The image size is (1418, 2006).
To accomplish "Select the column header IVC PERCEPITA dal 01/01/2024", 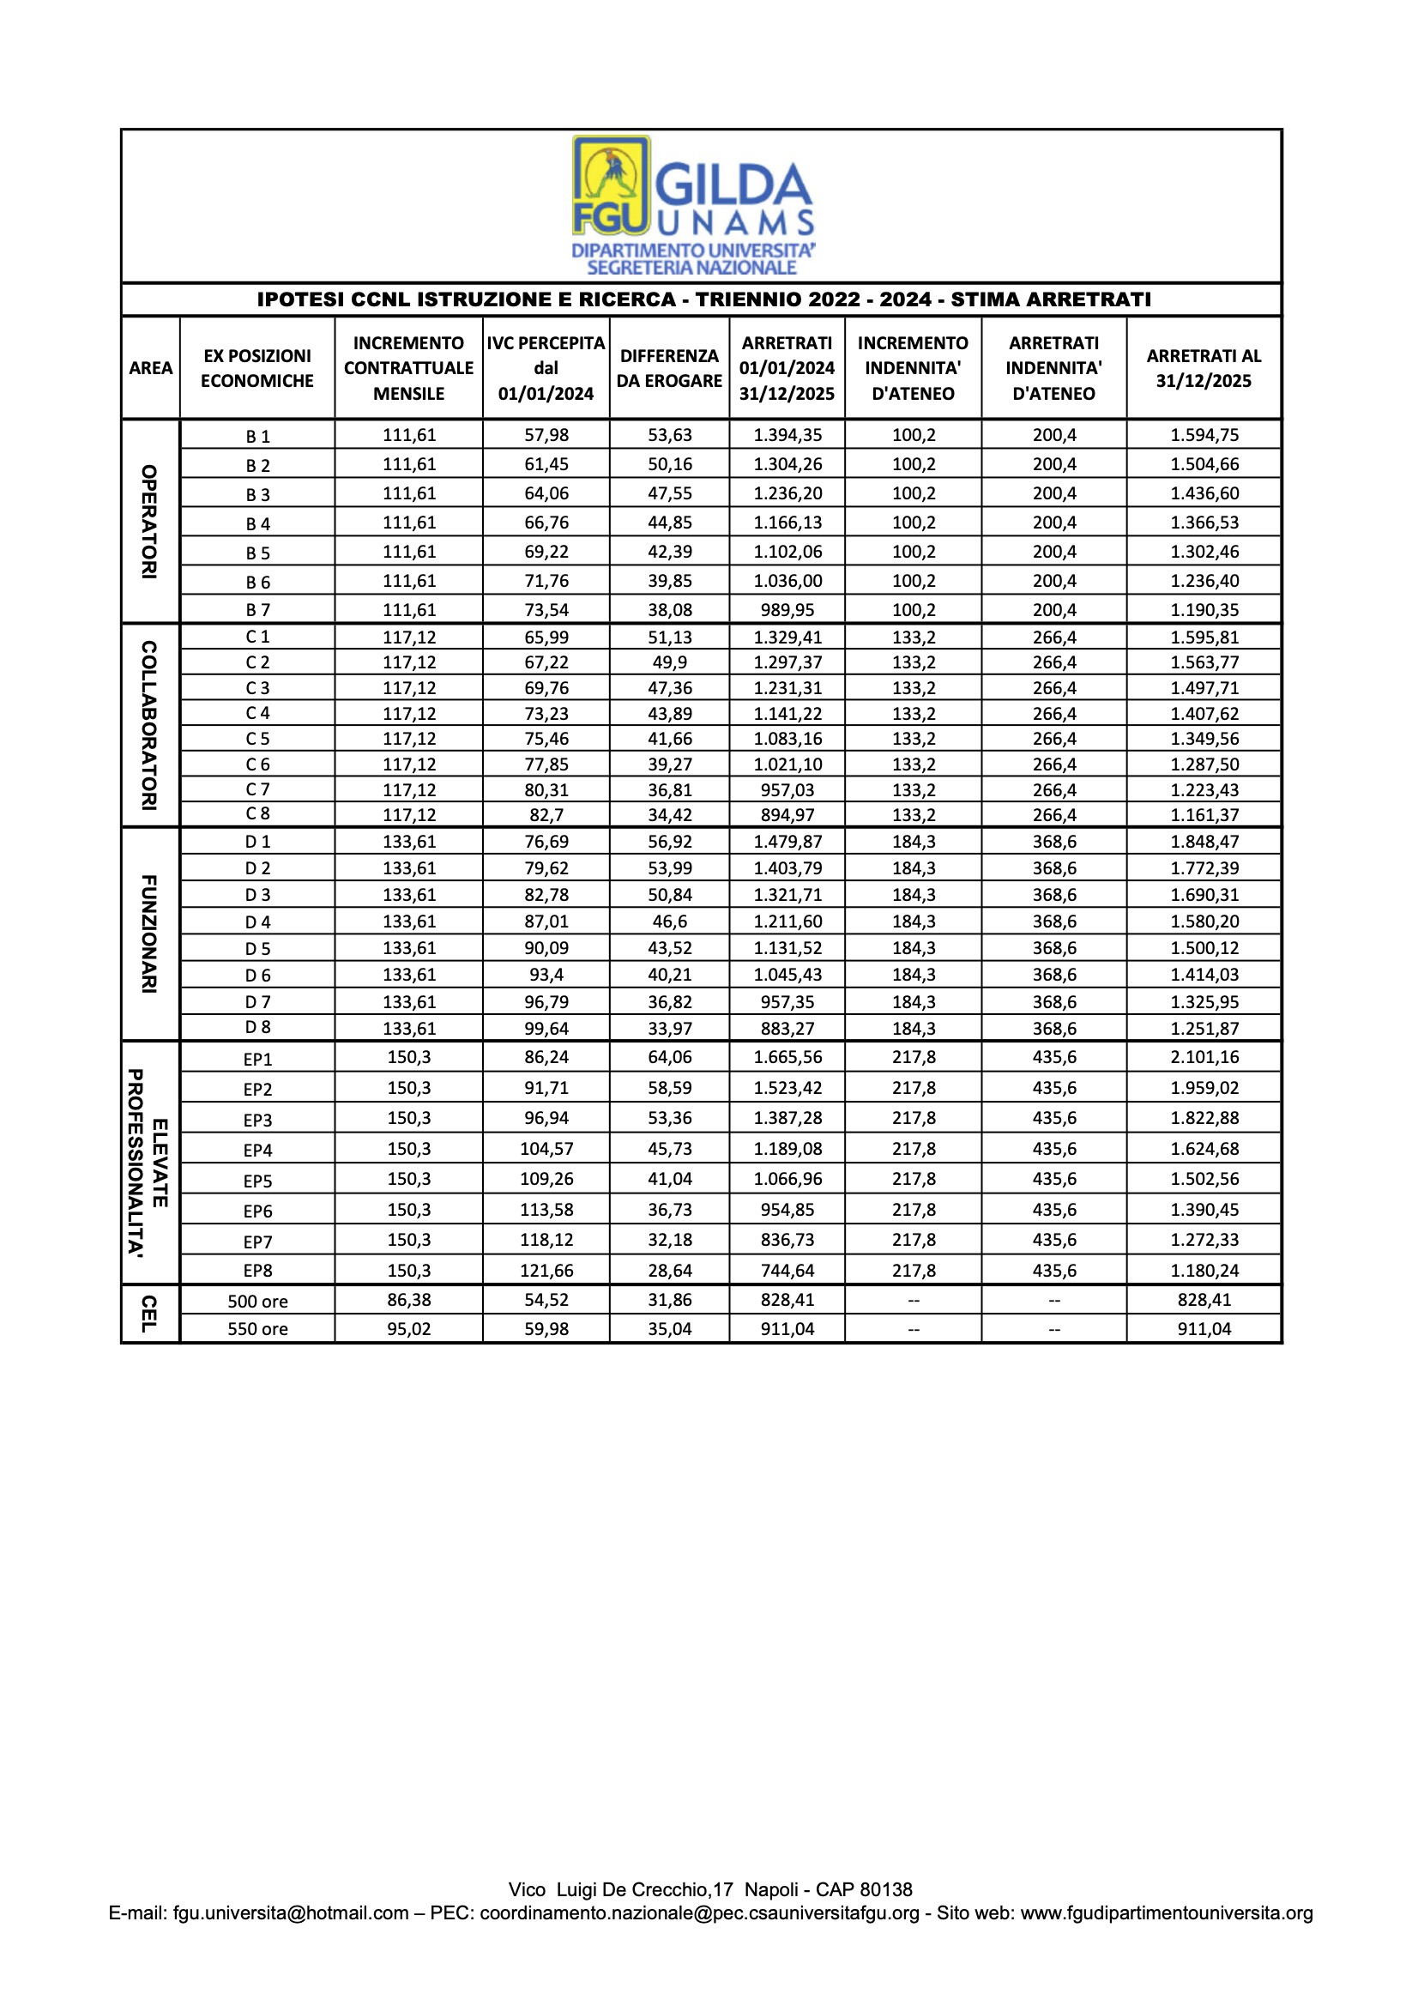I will [546, 368].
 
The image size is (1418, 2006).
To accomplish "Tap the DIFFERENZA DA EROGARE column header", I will [669, 368].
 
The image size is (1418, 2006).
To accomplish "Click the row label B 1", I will [257, 436].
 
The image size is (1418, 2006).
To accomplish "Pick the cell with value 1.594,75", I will [1204, 435].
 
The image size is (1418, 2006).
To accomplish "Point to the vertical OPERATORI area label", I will [149, 522].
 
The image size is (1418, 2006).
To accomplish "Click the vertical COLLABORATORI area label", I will [149, 725].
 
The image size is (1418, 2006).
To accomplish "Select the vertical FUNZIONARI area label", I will [149, 934].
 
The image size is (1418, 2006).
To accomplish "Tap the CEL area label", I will [149, 1313].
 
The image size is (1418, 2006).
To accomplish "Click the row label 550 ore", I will [257, 1329].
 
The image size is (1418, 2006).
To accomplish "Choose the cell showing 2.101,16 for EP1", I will [1204, 1057].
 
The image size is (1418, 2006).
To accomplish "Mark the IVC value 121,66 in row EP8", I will [546, 1271].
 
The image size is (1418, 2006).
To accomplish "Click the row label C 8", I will [257, 813].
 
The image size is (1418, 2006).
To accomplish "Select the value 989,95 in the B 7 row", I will [787, 610].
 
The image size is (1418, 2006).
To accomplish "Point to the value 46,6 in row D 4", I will [669, 921].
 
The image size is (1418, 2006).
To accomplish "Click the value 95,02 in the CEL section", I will [409, 1329].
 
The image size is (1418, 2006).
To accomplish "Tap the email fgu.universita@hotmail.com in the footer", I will [291, 1912].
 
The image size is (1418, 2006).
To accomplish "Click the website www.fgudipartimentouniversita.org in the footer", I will [1167, 1912].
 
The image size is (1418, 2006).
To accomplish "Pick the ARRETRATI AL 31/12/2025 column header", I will [1204, 368].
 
